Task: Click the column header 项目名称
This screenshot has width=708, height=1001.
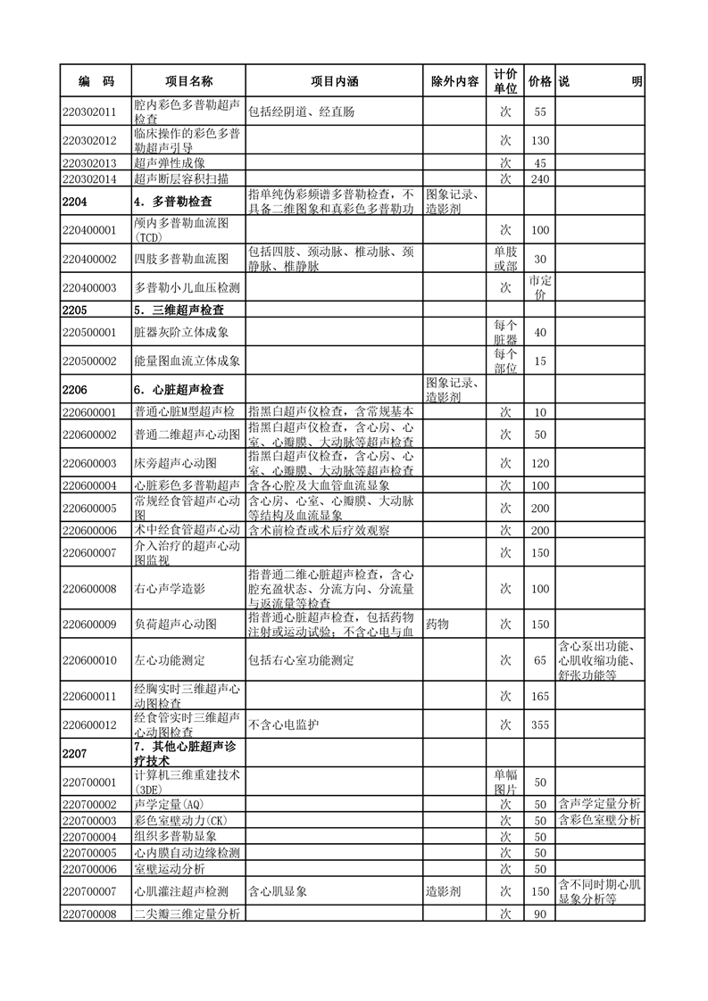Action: click(187, 81)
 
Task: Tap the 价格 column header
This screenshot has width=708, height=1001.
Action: click(539, 81)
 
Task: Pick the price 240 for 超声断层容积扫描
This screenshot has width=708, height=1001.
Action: click(539, 178)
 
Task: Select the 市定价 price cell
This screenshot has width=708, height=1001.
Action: click(539, 287)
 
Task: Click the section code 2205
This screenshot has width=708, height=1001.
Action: click(76, 310)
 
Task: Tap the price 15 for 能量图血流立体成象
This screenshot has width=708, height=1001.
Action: click(539, 360)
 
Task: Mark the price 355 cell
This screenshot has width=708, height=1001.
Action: click(539, 724)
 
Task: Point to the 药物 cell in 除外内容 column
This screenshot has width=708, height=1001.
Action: click(438, 624)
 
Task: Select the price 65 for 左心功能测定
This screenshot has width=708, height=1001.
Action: click(539, 660)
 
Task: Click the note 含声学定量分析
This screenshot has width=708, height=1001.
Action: click(599, 804)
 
